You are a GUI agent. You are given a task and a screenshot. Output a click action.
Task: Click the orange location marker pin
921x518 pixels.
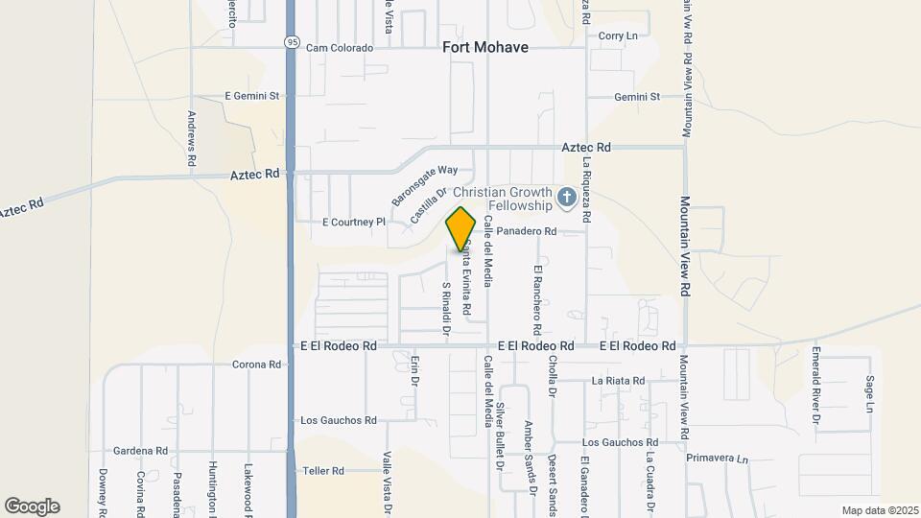tap(461, 228)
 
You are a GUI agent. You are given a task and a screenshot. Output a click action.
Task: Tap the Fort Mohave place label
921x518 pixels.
tap(485, 46)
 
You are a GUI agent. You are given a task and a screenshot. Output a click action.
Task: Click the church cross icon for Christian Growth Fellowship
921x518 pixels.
tap(567, 198)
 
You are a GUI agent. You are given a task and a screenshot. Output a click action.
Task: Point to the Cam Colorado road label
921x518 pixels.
tap(339, 48)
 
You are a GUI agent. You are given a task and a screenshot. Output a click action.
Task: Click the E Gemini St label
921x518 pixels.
tap(251, 96)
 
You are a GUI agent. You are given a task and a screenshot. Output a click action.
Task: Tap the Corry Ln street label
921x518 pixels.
tap(618, 35)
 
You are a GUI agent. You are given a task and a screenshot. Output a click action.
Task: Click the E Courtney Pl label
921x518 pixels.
tap(353, 222)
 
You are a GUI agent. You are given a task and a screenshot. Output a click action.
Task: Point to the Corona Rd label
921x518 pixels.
tap(256, 365)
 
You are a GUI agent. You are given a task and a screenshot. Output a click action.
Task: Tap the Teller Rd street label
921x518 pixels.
tap(323, 471)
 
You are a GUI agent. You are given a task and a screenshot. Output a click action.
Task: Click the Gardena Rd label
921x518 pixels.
tap(140, 450)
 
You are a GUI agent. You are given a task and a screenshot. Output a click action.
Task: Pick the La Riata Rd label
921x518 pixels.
tap(618, 381)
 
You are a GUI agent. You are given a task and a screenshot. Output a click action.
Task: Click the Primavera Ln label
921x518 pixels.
tap(717, 459)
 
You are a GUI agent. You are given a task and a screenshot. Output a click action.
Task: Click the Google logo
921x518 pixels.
tap(32, 506)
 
